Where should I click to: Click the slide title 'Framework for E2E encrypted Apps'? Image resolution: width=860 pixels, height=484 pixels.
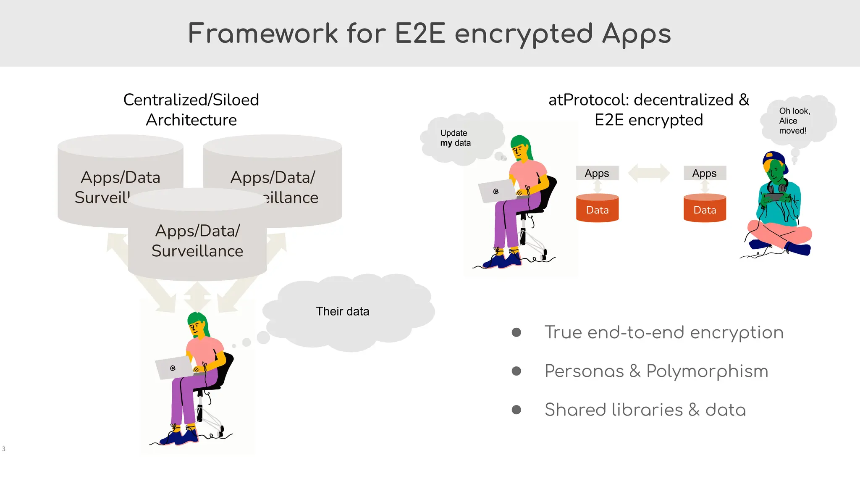pos(429,34)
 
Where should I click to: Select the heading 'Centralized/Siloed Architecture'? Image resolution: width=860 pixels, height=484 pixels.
pos(191,110)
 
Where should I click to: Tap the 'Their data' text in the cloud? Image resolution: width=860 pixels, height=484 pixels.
pos(342,311)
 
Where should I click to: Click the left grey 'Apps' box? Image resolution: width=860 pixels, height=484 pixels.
pos(597,173)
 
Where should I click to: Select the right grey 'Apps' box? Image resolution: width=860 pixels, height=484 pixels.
pos(705,173)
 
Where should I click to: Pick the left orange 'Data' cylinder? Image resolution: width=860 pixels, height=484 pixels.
pos(597,208)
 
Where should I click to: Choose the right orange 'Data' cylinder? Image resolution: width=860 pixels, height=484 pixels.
pos(705,208)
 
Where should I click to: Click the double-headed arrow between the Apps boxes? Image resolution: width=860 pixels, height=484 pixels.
pos(649,173)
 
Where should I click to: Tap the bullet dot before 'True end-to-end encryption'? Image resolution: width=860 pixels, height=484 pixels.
pos(517,332)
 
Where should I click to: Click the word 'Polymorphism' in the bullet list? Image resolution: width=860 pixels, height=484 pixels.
pos(707,371)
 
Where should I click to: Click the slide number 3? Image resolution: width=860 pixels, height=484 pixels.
pos(4,449)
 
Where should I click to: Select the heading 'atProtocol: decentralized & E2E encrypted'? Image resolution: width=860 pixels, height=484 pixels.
pos(649,110)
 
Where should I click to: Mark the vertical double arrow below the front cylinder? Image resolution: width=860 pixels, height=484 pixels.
pos(197,297)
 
